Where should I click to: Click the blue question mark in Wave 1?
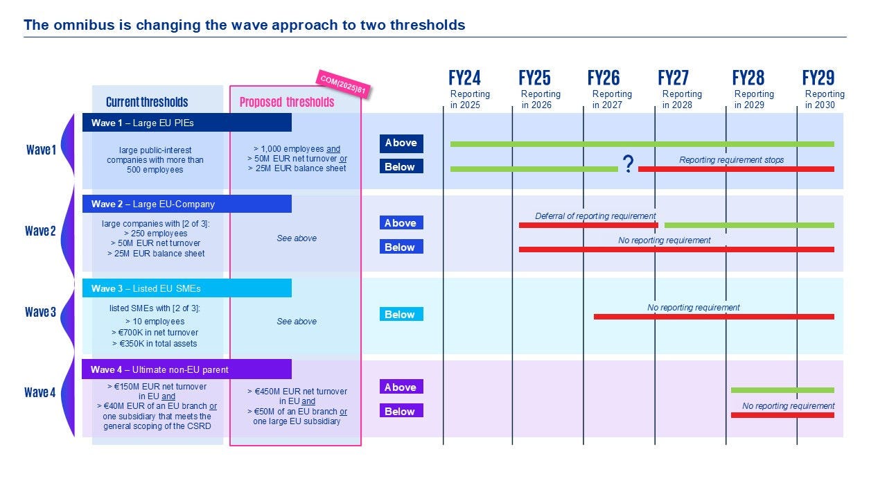pyautogui.click(x=628, y=164)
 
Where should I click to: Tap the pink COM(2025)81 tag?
pyautogui.click(x=342, y=85)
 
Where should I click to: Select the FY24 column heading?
pyautogui.click(x=464, y=78)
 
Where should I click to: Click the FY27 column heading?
pyautogui.click(x=673, y=78)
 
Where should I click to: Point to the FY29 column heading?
pyautogui.click(x=818, y=78)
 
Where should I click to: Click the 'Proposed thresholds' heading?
pyautogui.click(x=287, y=103)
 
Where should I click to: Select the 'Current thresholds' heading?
pyautogui.click(x=147, y=103)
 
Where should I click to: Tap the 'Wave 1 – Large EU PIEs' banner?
pyautogui.click(x=187, y=123)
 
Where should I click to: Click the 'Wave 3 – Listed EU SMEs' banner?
pyautogui.click(x=187, y=288)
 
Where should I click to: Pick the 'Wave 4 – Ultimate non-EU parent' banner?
pyautogui.click(x=187, y=369)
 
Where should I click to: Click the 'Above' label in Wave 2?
pyautogui.click(x=401, y=223)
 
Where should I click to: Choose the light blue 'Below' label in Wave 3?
pyautogui.click(x=401, y=315)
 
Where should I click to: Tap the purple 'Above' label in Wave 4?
pyautogui.click(x=401, y=387)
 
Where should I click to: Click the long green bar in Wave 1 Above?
pyautogui.click(x=642, y=144)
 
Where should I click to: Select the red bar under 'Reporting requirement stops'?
pyautogui.click(x=735, y=169)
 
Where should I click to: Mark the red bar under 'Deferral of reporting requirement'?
pyautogui.click(x=588, y=225)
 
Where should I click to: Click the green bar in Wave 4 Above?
pyautogui.click(x=782, y=390)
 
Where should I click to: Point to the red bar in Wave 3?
pyautogui.click(x=714, y=317)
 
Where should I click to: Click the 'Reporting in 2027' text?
pyautogui.click(x=611, y=99)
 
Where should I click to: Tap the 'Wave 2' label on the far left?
pyautogui.click(x=40, y=231)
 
